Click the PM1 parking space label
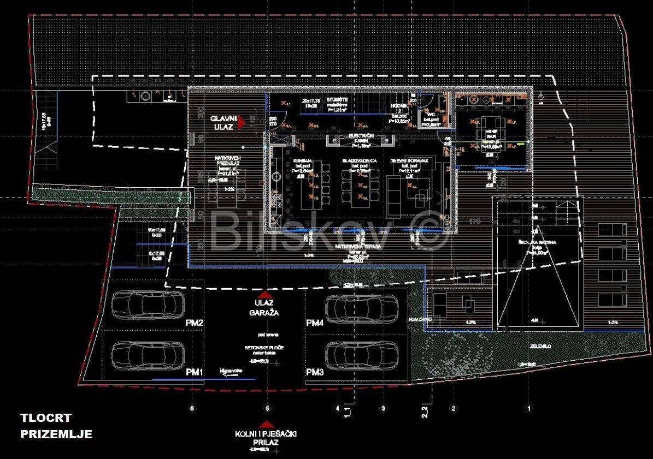pos(195,372)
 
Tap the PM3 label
pos(315,372)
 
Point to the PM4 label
pos(315,324)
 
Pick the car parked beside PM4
pos(361,306)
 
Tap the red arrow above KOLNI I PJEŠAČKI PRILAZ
pos(266,424)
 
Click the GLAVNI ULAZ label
pos(222,122)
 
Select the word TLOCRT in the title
pos(46,419)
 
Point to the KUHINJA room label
pos(303,160)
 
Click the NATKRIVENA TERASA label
pos(358,247)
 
